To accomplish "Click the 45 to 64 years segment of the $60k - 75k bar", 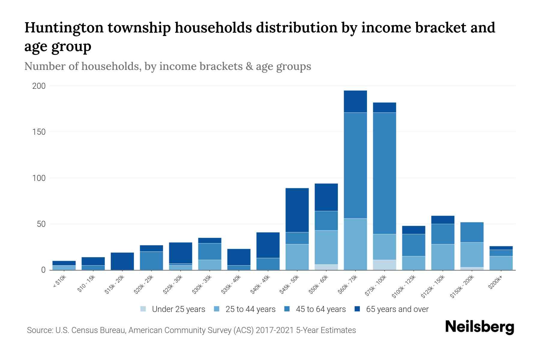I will click(355, 165).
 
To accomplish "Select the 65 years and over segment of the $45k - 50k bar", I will click(297, 210).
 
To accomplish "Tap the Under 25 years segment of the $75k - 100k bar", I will click(384, 265).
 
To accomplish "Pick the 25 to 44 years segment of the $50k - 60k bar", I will click(326, 247).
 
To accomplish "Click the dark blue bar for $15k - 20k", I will click(122, 261).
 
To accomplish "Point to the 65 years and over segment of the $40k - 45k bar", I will click(268, 245).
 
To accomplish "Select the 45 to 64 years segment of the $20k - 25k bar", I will click(151, 260).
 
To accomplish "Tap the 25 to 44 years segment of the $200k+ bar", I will click(501, 263).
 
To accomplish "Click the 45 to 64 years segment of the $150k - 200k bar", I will click(472, 232).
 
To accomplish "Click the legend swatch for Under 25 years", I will click(143, 309).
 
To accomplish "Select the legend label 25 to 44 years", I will click(250, 309).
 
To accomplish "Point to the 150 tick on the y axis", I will click(39, 132).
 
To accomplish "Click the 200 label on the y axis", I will click(39, 86).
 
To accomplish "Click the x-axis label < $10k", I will click(59, 282).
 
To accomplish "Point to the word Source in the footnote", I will click(39, 330).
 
